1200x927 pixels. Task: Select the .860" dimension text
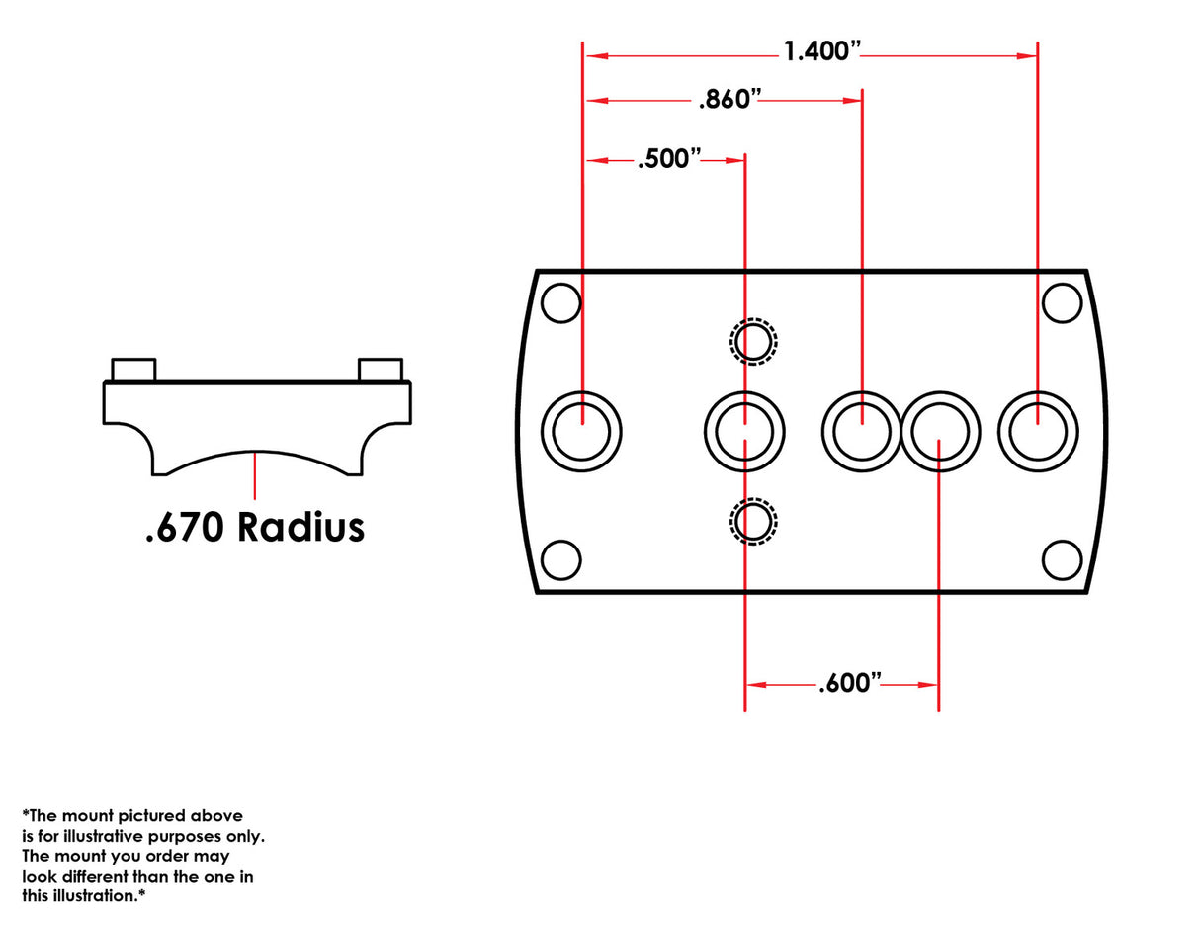point(730,99)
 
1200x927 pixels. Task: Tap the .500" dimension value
point(669,159)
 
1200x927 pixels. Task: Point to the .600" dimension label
point(849,684)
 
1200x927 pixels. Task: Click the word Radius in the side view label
point(300,527)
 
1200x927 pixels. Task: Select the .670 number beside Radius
point(185,527)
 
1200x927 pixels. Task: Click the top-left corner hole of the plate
point(561,302)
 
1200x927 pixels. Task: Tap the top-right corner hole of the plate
point(1062,302)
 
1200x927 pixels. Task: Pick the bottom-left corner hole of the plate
point(561,560)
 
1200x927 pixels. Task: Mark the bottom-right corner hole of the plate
point(1062,560)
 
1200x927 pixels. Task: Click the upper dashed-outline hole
point(753,342)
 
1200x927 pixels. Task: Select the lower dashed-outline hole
point(753,521)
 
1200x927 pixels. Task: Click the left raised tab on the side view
point(133,370)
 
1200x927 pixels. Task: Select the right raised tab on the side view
point(381,370)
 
